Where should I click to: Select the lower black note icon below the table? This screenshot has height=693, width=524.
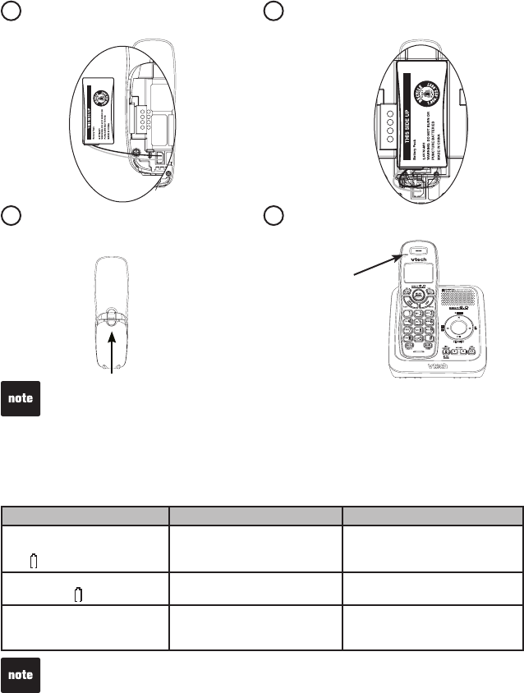(x=20, y=675)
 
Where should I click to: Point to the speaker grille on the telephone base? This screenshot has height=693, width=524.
(x=457, y=301)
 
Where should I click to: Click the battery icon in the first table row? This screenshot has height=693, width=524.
(x=34, y=562)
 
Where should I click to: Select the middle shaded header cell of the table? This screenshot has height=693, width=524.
(x=255, y=515)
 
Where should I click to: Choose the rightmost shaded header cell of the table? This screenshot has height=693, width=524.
(x=433, y=515)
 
